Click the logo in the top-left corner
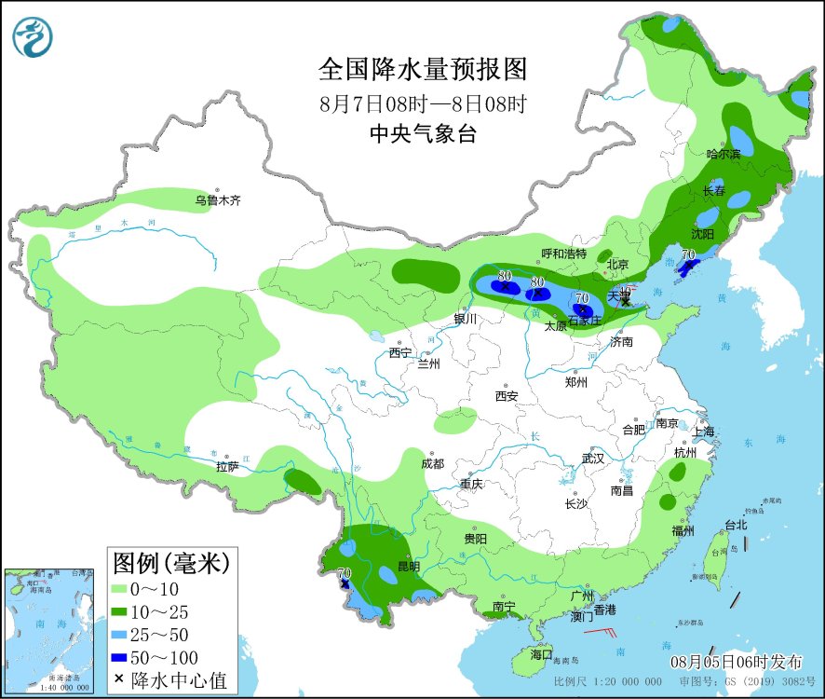point(33,36)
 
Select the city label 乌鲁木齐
point(217,200)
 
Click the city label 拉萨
point(227,466)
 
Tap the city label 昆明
point(408,566)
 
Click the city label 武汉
point(593,459)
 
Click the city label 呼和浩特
point(564,254)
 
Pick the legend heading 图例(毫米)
point(170,562)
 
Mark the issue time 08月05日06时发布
point(737,663)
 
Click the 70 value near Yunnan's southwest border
point(345,574)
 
